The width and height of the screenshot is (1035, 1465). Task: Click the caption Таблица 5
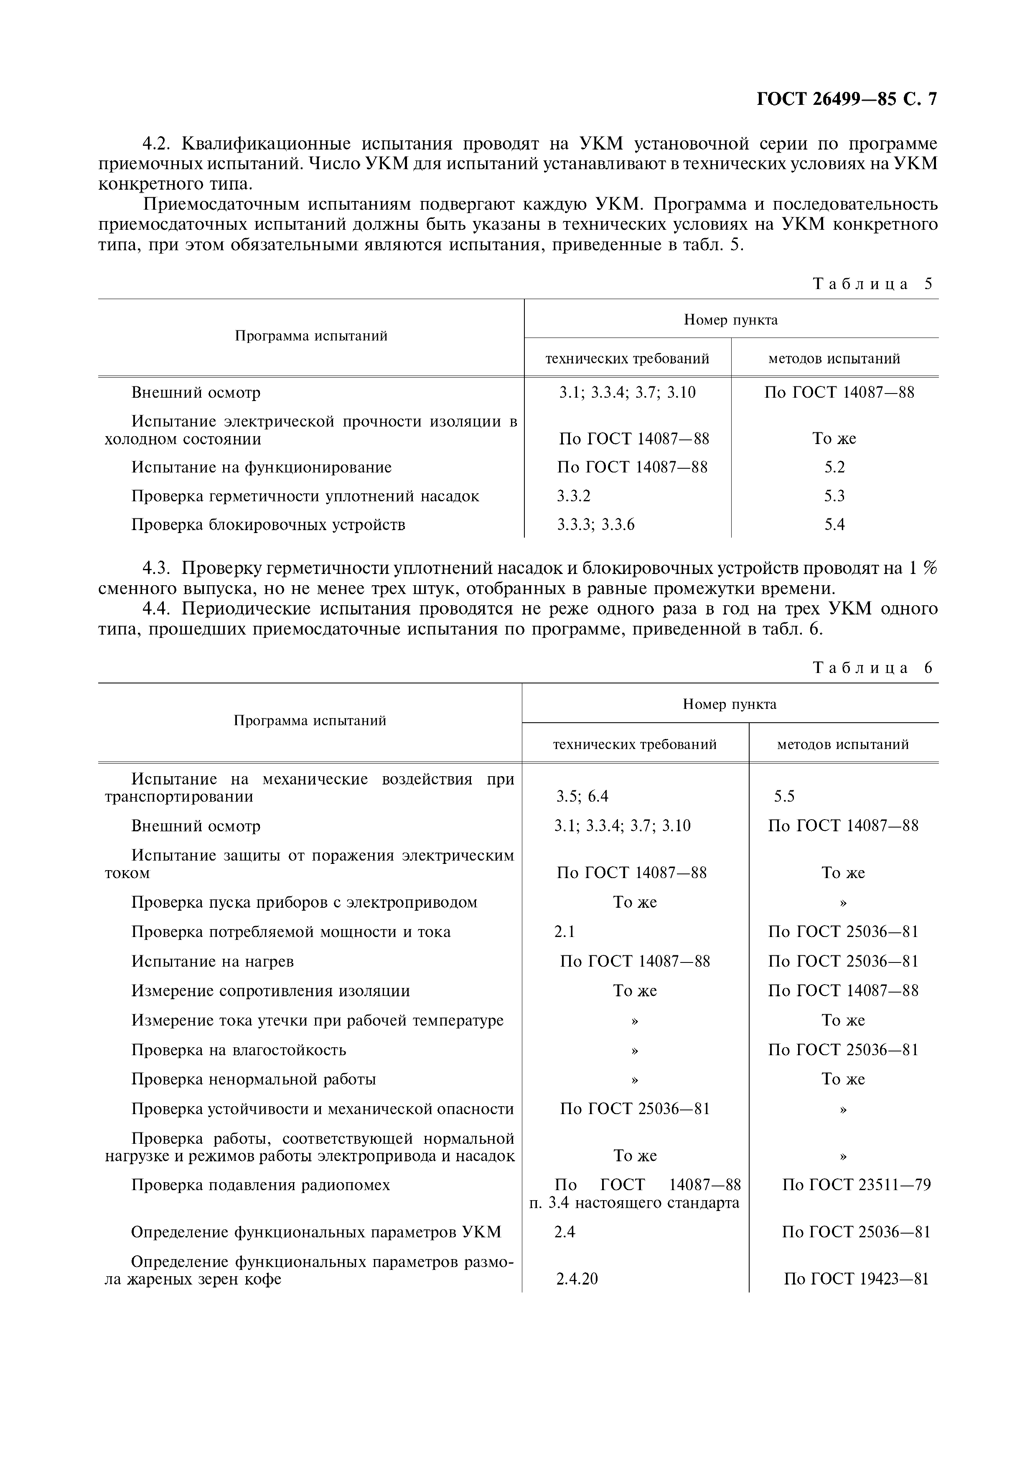[x=872, y=284]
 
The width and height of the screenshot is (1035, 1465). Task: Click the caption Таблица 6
[x=872, y=668]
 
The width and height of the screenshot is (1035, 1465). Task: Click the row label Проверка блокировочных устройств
[x=268, y=525]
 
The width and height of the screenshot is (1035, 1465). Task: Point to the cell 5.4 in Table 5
[x=834, y=525]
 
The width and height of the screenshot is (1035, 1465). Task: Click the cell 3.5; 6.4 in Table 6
[x=582, y=796]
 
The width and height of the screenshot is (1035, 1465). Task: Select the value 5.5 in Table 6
[x=784, y=796]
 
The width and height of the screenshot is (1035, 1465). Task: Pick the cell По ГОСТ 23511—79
[x=856, y=1185]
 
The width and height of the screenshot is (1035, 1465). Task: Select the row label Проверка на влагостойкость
[x=239, y=1050]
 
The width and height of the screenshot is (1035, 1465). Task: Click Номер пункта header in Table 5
[x=731, y=320]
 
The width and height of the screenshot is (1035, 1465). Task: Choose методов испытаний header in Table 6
[x=842, y=744]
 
